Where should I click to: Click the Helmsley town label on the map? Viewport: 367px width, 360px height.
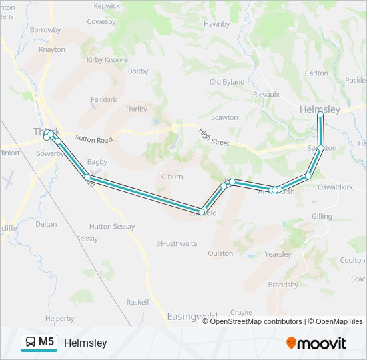[320, 109]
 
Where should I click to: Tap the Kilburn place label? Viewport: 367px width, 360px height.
[171, 177]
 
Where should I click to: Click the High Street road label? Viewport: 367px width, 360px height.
[213, 137]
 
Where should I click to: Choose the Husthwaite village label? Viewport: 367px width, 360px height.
[178, 244]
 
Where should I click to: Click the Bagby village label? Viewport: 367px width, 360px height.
[97, 162]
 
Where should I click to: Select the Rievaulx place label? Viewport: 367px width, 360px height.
[266, 95]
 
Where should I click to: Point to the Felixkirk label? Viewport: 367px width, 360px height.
[103, 99]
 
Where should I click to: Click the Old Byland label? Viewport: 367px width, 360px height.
[227, 82]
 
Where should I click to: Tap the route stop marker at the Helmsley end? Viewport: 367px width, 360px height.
[320, 115]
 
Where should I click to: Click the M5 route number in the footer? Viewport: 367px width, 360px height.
[47, 342]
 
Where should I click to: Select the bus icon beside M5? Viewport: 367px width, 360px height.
[31, 343]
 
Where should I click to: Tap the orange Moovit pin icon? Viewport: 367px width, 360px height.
[292, 343]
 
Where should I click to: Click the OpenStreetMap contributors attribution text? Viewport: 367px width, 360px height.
[256, 321]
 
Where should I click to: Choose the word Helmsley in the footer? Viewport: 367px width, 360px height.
[85, 343]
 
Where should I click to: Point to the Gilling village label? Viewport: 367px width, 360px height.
[322, 217]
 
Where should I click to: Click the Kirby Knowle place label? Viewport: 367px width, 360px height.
[107, 59]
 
